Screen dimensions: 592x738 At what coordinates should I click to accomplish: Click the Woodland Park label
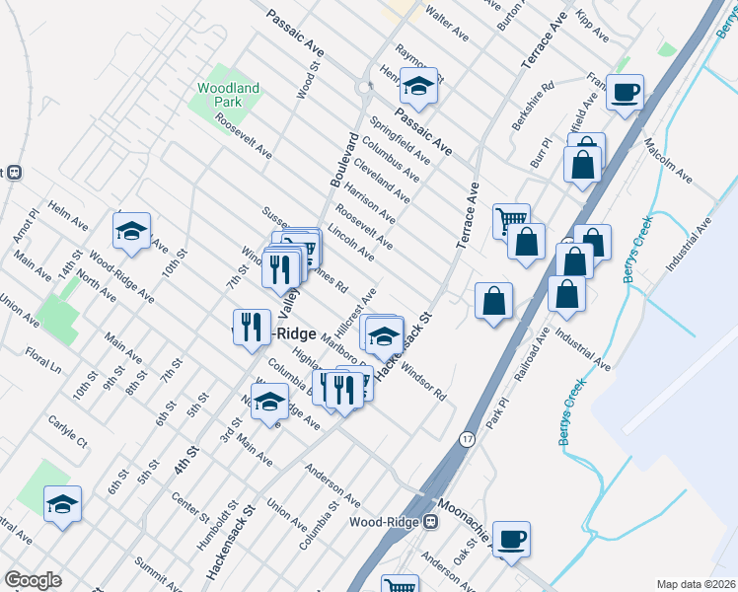point(228,95)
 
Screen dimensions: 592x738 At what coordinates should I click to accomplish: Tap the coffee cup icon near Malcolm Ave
point(625,94)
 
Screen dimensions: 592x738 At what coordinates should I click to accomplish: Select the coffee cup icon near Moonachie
point(511,540)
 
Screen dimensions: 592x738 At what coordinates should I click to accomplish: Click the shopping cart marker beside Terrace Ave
point(511,219)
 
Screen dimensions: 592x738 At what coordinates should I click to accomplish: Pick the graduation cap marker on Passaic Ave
point(419,89)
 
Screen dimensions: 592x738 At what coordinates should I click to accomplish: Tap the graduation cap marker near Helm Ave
point(131,232)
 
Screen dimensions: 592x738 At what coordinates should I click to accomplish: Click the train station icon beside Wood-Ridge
point(430,521)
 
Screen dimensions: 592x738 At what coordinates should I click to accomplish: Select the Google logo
point(33,580)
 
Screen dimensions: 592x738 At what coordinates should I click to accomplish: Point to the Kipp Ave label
point(592,27)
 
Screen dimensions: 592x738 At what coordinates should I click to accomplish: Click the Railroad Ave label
point(531,362)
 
